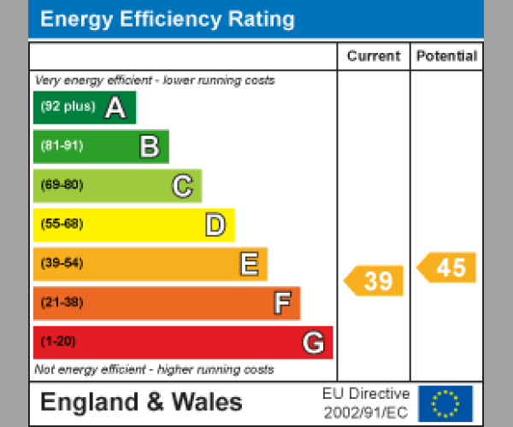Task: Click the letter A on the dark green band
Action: [x=115, y=108]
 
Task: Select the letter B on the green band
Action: [x=150, y=147]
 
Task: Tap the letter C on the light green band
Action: [x=182, y=185]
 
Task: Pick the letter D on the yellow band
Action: [x=215, y=225]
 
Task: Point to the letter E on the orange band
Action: [x=249, y=264]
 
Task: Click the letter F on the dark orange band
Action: [x=282, y=303]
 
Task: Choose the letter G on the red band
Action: [x=314, y=342]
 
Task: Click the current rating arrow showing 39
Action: [x=374, y=281]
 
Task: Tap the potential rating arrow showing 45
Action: [x=447, y=267]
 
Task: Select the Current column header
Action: [x=374, y=56]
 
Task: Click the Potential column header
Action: [x=446, y=56]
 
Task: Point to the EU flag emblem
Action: [x=445, y=403]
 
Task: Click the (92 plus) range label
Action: [x=68, y=108]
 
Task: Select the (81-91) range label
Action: [x=62, y=146]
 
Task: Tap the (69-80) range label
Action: [x=62, y=185]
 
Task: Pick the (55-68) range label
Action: [x=62, y=224]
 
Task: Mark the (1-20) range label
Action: [x=58, y=342]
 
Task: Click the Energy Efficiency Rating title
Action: [x=168, y=19]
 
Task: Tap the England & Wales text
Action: [x=141, y=402]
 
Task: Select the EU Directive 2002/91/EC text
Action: [x=366, y=403]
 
